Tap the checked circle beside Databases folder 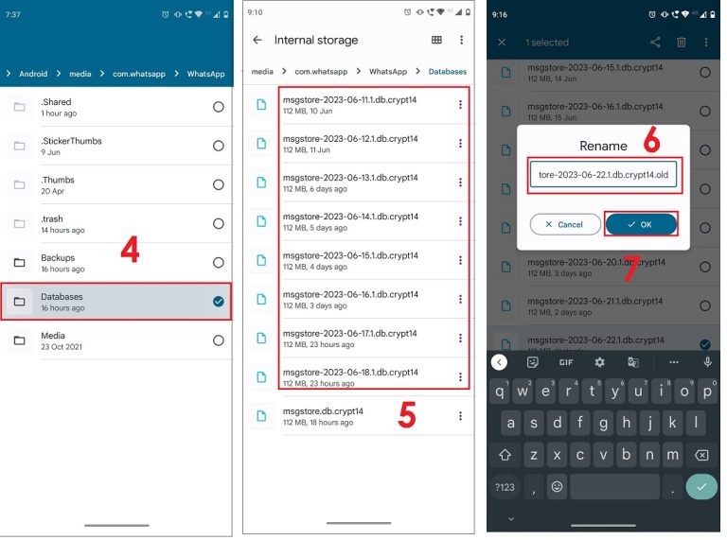219,302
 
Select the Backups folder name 58,257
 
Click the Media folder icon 20,340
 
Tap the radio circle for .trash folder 219,224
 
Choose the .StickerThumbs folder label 71,141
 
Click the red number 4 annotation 131,250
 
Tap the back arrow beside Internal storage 257,41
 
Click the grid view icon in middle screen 436,41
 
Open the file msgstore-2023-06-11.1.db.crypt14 349,99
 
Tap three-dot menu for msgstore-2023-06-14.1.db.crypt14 460,221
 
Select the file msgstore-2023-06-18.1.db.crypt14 349,372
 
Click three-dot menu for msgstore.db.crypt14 460,416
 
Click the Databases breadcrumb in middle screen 447,72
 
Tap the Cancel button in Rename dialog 565,224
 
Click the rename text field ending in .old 603,175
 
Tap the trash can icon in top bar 681,43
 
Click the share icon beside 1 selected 655,43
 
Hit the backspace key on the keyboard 700,454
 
